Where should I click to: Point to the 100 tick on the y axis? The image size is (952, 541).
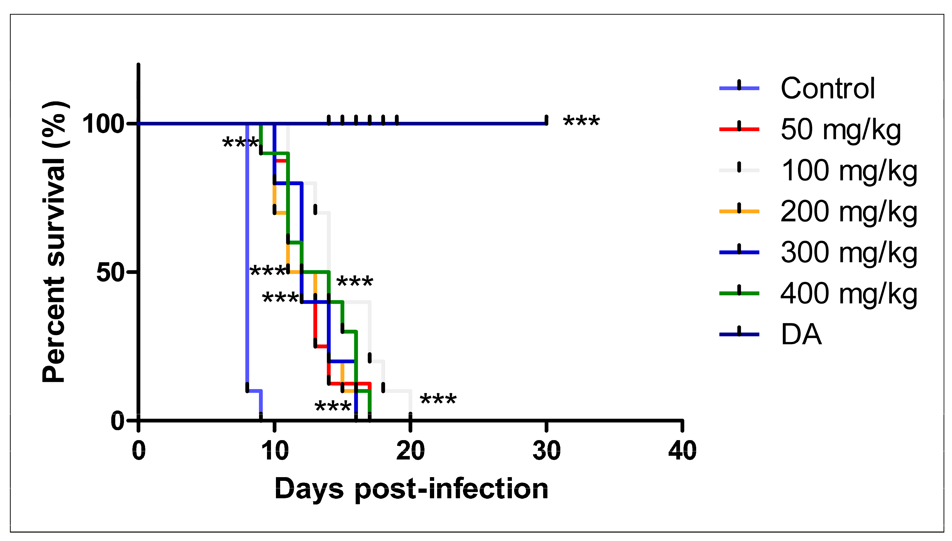click(103, 124)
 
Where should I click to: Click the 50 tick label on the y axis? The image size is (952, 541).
click(110, 272)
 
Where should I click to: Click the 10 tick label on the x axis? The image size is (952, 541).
click(274, 451)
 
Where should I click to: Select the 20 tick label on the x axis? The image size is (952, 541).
click(410, 451)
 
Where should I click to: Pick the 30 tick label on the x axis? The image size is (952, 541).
click(546, 451)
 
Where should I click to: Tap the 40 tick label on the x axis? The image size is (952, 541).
click(682, 451)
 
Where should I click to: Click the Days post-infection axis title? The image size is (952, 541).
click(411, 489)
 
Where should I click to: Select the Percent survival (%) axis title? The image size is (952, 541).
click(55, 242)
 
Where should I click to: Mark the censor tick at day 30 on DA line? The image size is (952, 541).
click(546, 120)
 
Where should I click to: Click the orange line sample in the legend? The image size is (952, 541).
click(739, 211)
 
